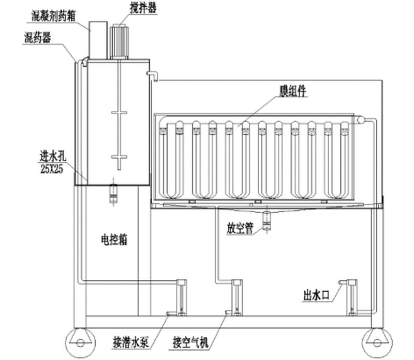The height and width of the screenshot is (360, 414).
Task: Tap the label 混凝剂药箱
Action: (52, 16)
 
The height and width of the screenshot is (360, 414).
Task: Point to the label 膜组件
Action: (293, 90)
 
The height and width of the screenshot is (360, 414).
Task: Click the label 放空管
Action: (240, 227)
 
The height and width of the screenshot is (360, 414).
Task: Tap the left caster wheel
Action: (78, 339)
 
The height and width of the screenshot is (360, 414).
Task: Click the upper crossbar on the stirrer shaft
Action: (119, 113)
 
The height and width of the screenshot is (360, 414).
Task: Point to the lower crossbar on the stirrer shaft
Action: (119, 156)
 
